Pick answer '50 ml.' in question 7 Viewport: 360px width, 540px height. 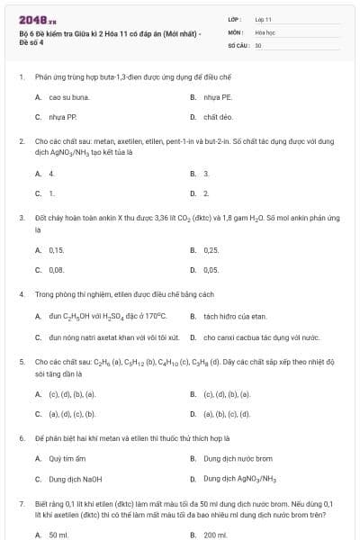pos(58,535)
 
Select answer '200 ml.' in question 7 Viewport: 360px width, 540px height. pos(213,535)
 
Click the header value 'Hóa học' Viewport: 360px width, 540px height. pos(265,31)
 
